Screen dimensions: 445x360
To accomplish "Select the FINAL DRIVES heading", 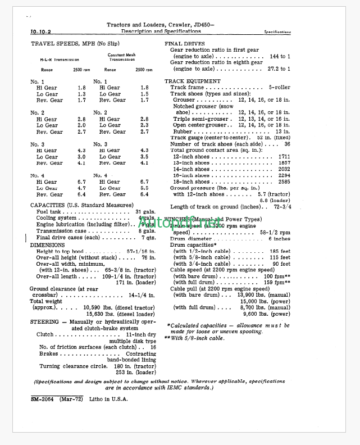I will (x=184, y=43).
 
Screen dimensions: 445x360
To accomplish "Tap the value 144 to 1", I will (x=280, y=56).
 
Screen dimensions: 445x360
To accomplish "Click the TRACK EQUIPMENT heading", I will (x=192, y=81).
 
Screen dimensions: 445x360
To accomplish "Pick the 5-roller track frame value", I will (x=279, y=88).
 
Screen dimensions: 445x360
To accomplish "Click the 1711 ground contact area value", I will (x=284, y=157).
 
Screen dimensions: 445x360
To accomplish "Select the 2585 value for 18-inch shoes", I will (x=284, y=182).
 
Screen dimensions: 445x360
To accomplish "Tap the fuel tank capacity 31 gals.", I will (x=145, y=211).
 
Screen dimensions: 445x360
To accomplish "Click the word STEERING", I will (x=44, y=322).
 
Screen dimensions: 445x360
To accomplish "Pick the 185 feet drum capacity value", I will (x=279, y=251).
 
